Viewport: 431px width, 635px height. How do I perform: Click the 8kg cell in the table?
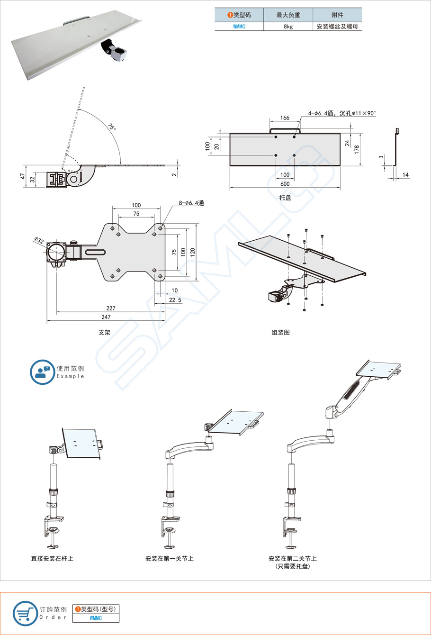288,27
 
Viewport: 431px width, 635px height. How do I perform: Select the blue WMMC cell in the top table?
239,27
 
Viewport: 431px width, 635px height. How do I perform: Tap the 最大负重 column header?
288,15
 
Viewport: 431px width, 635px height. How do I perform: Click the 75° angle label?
111,127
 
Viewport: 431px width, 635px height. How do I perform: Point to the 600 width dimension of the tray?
285,184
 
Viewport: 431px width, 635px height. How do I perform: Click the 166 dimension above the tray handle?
285,118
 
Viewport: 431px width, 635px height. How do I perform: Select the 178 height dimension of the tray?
357,148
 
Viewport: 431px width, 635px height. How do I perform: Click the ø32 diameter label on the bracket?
39,241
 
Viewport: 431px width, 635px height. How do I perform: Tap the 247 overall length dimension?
106,317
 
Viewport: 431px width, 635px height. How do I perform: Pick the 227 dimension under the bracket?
110,308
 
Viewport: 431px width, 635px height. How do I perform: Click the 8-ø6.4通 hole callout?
191,203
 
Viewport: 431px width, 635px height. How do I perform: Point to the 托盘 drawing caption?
285,198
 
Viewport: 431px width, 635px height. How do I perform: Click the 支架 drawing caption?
104,333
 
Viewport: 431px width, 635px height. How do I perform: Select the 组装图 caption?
280,333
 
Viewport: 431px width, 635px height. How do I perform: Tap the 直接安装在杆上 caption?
52,559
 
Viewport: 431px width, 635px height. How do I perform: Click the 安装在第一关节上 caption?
169,559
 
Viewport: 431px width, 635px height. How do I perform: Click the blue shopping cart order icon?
25,613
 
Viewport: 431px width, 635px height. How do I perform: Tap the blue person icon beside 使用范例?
42,372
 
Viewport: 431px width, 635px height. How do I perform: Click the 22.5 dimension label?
175,300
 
